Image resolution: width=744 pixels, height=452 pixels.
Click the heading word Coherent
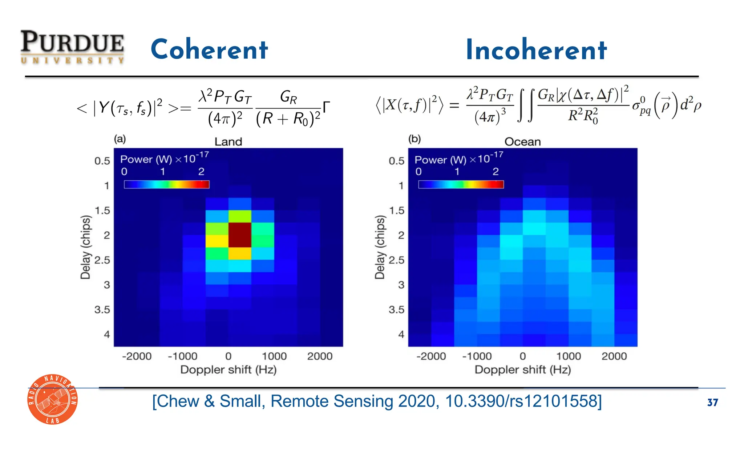(209, 49)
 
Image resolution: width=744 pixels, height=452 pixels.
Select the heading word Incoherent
(536, 50)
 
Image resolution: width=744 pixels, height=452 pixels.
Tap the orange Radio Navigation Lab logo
(53, 399)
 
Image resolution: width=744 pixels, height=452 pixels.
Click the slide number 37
(712, 403)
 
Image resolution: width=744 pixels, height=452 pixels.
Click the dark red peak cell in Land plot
(240, 235)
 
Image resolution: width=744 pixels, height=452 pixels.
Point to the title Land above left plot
(228, 141)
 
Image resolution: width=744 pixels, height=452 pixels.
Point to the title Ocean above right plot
(522, 141)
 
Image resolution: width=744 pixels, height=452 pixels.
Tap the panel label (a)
(120, 139)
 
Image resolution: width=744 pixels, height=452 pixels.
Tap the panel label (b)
(414, 139)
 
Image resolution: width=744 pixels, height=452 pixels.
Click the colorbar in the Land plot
(166, 184)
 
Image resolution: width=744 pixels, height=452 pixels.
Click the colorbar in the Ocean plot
(461, 184)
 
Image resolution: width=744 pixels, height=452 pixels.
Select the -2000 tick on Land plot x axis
(137, 356)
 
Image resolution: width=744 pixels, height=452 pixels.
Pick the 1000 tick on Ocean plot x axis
(568, 356)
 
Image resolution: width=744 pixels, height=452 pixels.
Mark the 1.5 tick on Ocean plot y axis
(396, 211)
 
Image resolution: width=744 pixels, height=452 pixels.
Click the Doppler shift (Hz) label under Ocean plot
(522, 370)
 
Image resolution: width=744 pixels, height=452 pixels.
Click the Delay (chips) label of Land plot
(85, 247)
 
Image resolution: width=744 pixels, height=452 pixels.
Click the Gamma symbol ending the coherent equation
(326, 107)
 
